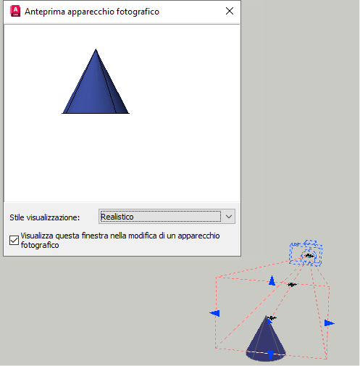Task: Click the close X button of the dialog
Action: click(x=230, y=11)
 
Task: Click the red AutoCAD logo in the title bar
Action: click(x=15, y=12)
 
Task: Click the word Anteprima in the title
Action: click(x=45, y=12)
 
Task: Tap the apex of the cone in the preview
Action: click(x=96, y=49)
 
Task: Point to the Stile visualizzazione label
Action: click(x=45, y=217)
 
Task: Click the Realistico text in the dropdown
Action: click(x=117, y=217)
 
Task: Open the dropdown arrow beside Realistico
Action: click(x=229, y=217)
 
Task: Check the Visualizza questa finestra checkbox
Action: click(x=14, y=240)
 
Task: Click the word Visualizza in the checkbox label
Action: click(x=37, y=236)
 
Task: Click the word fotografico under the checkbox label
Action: click(x=40, y=245)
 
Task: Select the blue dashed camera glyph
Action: click(x=306, y=253)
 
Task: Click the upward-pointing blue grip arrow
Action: click(x=272, y=280)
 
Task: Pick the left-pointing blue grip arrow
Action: click(x=214, y=313)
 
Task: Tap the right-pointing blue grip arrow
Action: click(x=330, y=323)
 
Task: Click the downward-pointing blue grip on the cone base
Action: click(x=271, y=355)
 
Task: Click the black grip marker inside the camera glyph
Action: click(x=309, y=256)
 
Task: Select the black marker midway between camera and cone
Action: click(x=292, y=285)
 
